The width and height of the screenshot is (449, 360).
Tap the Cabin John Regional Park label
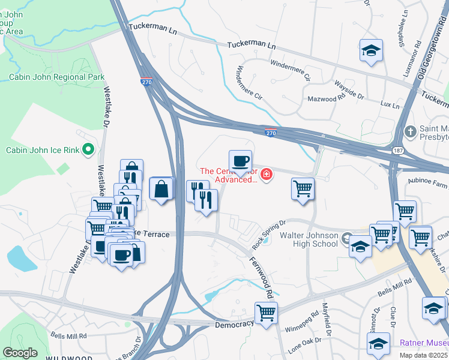pyautogui.click(x=56, y=77)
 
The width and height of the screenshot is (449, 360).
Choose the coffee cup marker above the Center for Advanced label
pyautogui.click(x=240, y=161)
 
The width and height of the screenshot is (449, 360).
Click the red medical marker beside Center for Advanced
pyautogui.click(x=266, y=175)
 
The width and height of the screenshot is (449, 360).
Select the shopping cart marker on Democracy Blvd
pyautogui.click(x=265, y=313)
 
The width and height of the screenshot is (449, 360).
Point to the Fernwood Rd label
pyautogui.click(x=262, y=275)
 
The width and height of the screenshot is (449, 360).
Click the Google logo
pyautogui.click(x=20, y=352)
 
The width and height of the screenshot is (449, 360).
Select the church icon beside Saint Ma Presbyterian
pyautogui.click(x=410, y=131)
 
